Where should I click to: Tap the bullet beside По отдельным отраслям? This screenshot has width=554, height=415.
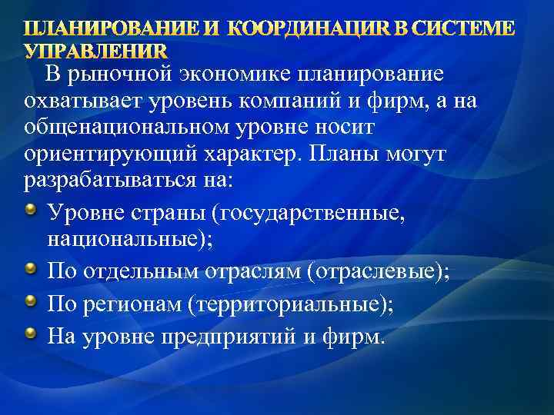point(31,270)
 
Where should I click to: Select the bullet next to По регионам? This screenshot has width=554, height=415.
point(31,302)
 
